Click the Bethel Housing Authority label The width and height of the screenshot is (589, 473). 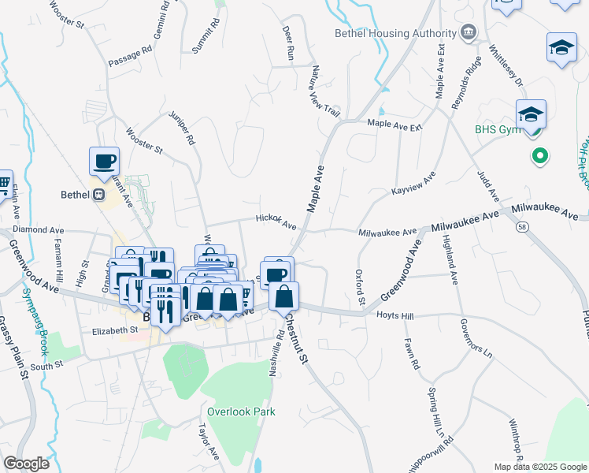click(395, 33)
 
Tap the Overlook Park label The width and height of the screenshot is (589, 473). click(241, 411)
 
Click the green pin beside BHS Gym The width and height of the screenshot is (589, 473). click(540, 156)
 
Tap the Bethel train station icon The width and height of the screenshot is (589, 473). click(99, 194)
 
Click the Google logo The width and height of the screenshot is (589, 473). click(26, 464)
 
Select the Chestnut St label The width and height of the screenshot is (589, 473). click(298, 339)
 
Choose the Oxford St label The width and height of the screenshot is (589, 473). click(360, 288)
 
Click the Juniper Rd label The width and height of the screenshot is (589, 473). click(181, 128)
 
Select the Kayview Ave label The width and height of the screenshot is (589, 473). click(413, 187)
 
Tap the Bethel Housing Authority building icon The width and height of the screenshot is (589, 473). click(469, 32)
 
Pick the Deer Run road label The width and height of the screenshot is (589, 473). click(288, 43)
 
